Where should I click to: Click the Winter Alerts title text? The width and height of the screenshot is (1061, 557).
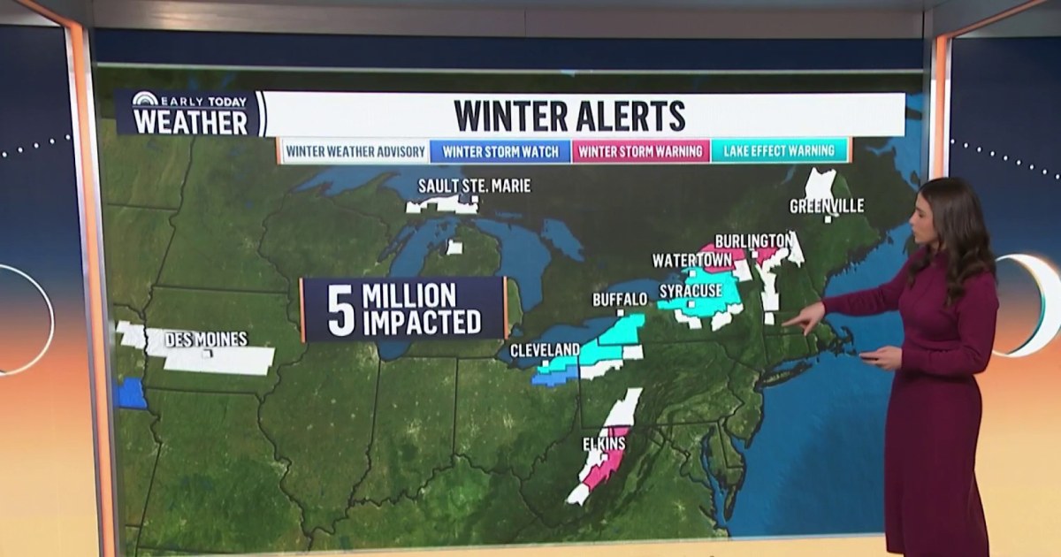569,116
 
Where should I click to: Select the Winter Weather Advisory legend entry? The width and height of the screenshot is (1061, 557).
355,151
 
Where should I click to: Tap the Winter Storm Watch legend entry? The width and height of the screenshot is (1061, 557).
501,151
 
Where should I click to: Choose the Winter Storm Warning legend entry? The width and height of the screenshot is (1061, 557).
641,151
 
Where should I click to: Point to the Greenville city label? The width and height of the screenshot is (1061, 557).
827,206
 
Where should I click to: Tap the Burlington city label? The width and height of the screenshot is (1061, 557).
752,240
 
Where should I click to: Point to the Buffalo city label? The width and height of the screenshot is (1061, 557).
620,300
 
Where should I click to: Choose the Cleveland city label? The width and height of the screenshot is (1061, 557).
545,349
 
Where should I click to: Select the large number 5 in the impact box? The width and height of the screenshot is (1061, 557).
340,309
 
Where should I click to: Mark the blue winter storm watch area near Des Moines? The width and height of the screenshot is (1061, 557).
130,393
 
